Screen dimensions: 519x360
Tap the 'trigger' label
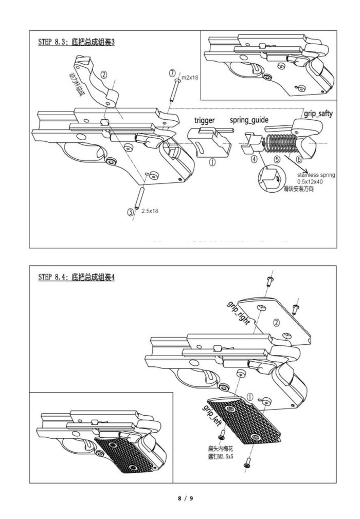coord(204,120)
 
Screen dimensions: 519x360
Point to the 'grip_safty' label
coord(317,114)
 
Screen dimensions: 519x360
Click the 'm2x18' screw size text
coord(191,77)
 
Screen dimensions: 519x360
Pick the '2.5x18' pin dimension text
coord(150,211)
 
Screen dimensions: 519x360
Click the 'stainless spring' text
coord(316,175)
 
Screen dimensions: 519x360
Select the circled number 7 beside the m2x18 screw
coord(172,73)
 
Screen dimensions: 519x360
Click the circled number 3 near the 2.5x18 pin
coord(131,212)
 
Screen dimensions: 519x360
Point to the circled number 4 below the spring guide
coord(254,159)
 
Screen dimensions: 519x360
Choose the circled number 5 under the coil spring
coord(277,159)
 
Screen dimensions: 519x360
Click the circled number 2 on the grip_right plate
coord(277,323)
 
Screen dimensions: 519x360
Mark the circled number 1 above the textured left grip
coord(250,397)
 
